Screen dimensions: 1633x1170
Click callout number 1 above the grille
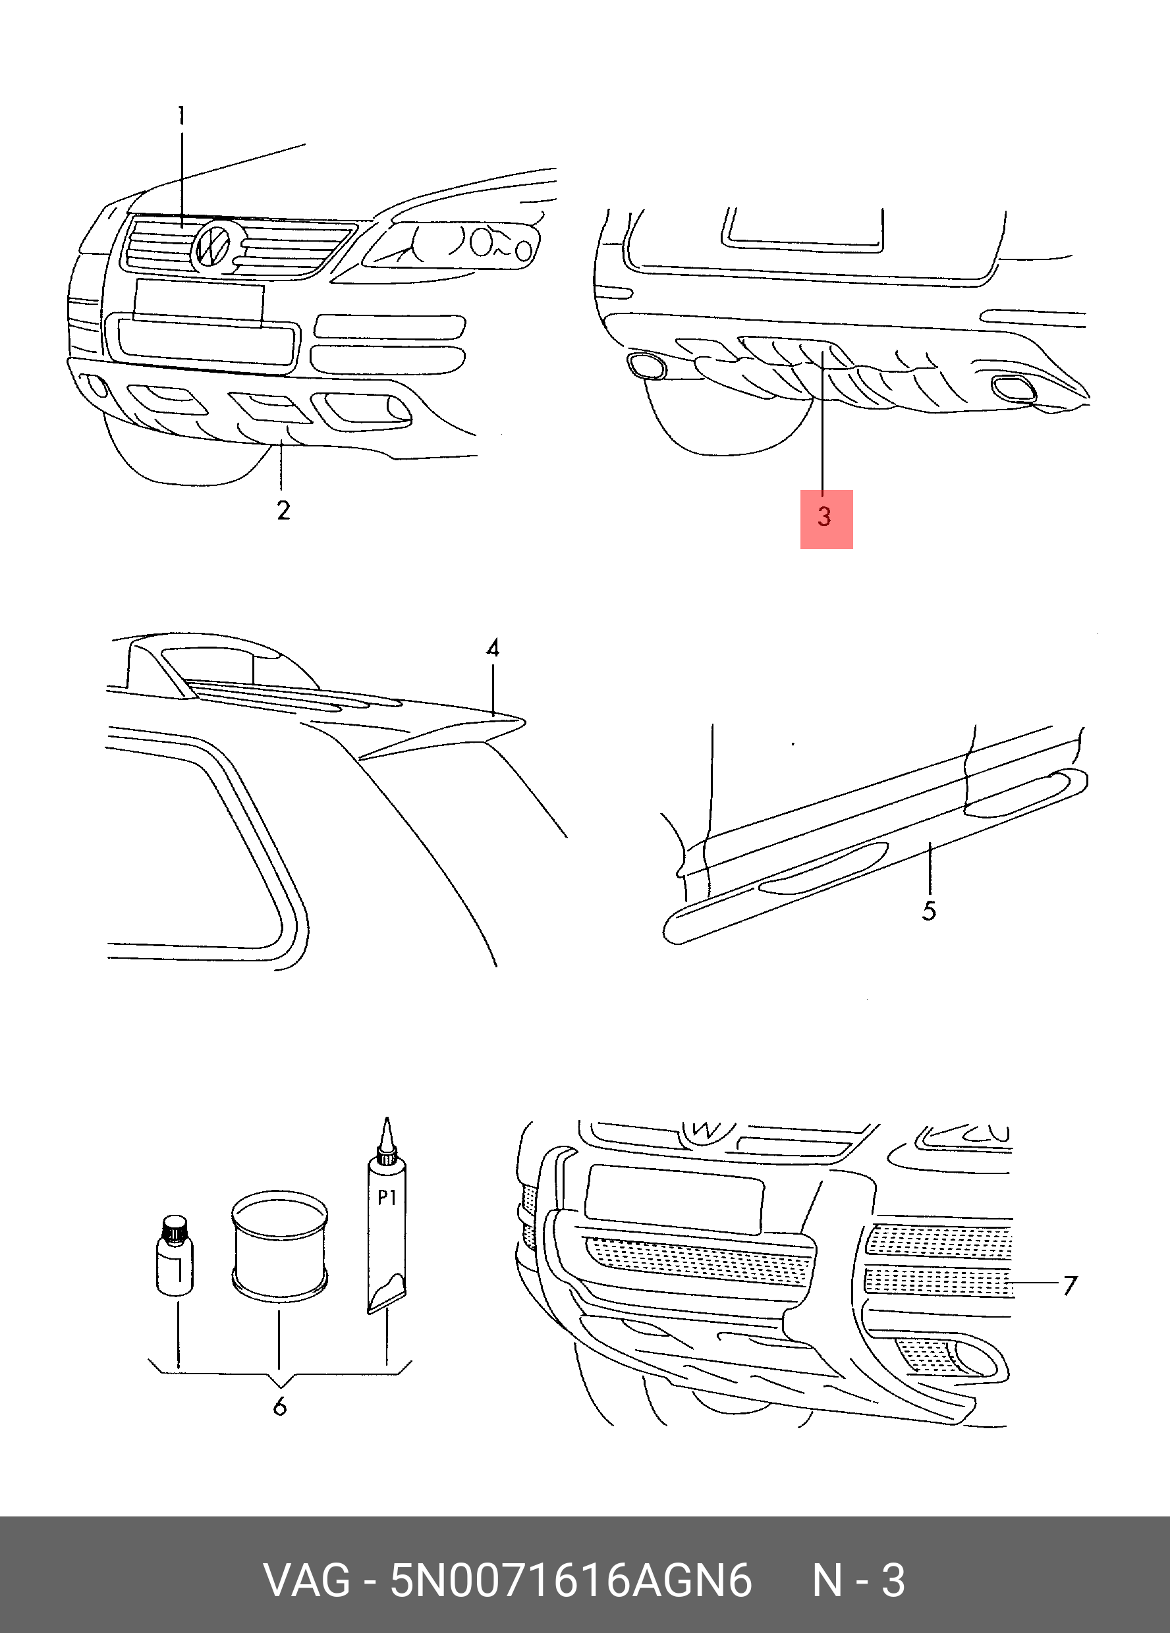pyautogui.click(x=182, y=115)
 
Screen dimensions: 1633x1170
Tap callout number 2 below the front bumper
pyautogui.click(x=283, y=510)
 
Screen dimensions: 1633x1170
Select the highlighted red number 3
pyautogui.click(x=825, y=518)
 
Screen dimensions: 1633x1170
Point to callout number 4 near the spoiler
pyautogui.click(x=493, y=649)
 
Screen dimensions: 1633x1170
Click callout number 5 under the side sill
pyautogui.click(x=930, y=910)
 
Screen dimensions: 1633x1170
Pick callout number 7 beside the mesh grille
pyautogui.click(x=1070, y=1285)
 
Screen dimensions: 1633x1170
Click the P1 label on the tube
pyautogui.click(x=387, y=1197)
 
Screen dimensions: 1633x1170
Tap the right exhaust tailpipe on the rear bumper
pyautogui.click(x=1014, y=388)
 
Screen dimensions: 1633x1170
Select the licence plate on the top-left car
pyautogui.click(x=198, y=302)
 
